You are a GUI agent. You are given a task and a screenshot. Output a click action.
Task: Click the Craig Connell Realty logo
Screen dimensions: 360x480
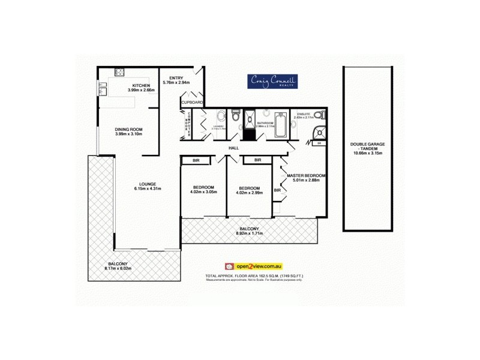[268, 82]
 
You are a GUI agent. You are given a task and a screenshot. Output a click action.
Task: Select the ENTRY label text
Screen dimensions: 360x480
[176, 77]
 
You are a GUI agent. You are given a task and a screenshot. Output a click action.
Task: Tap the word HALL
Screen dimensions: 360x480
[235, 148]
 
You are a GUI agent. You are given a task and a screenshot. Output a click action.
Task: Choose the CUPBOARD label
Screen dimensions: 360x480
[193, 103]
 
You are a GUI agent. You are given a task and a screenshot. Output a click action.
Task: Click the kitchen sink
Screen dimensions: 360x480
[101, 89]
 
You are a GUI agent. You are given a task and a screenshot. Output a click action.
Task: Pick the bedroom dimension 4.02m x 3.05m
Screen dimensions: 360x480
[203, 192]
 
